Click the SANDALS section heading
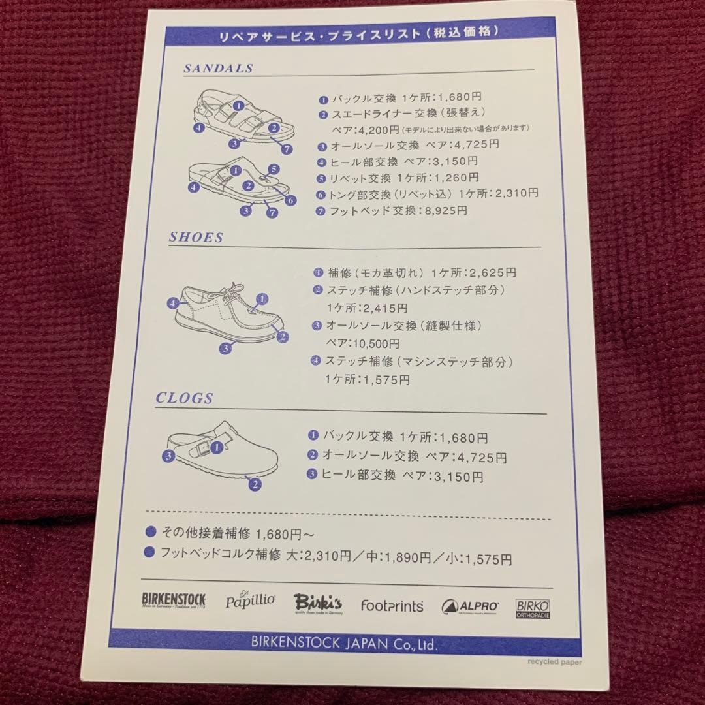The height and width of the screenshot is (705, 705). coord(218,68)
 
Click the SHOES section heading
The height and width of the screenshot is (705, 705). coord(196,238)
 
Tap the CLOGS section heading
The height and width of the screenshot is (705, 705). coord(185,398)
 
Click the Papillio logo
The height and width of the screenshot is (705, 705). coord(250,601)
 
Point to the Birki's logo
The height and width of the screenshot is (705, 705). coord(317,602)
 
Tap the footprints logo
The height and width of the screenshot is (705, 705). coord(392,606)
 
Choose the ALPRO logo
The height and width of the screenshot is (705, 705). coord(470,606)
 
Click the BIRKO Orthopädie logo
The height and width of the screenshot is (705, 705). coord(533,608)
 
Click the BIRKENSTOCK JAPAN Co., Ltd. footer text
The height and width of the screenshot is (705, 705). coord(344,642)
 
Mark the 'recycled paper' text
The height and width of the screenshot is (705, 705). coord(554,662)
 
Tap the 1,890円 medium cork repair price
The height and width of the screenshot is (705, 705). coord(405,558)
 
